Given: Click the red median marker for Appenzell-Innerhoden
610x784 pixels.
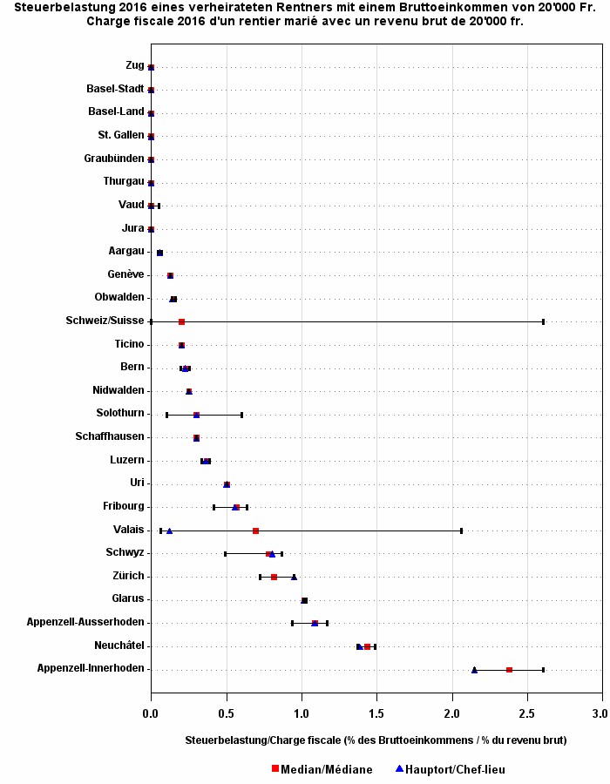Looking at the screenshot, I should (x=509, y=670).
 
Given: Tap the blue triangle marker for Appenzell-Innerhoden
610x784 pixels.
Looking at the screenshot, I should (x=474, y=670).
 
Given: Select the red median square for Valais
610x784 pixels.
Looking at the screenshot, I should (x=255, y=531).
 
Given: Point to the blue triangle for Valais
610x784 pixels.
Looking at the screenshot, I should (x=169, y=531).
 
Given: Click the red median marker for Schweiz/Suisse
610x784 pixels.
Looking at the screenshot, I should (x=181, y=321).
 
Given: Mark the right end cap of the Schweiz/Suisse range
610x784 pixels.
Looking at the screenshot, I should (x=543, y=321).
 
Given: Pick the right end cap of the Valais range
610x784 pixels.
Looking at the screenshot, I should (x=461, y=531).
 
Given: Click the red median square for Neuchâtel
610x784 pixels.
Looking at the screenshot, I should (x=367, y=646).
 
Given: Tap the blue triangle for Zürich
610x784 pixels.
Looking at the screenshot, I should (x=294, y=577).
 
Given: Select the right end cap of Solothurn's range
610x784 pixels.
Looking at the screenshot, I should (x=241, y=415).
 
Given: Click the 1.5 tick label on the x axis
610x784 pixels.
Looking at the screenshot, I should (x=376, y=713).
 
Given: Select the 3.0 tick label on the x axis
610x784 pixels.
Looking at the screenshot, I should (x=600, y=713).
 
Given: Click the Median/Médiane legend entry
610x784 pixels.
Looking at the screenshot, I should (x=322, y=769).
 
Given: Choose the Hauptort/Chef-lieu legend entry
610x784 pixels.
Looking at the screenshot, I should (x=450, y=769).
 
